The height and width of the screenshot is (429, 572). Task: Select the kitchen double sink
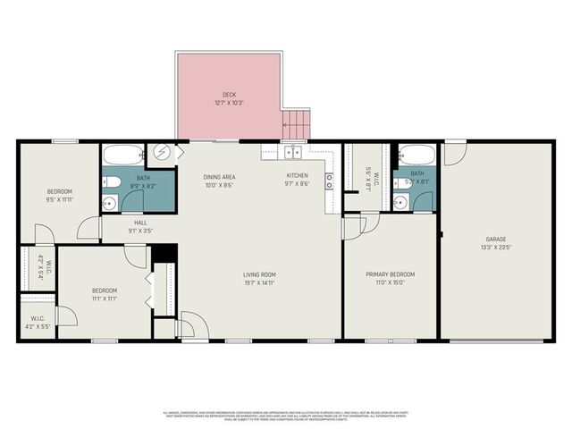tap(293, 151)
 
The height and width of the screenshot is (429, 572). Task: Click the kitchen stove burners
tap(330, 181)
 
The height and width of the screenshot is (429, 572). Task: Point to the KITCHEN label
tap(297, 175)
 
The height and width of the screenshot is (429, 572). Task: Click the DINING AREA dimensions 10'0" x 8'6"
tap(219, 185)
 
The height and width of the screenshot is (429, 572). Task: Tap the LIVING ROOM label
tap(259, 274)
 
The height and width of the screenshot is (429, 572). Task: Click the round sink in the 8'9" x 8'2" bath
tap(109, 203)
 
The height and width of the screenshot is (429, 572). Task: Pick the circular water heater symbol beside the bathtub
tap(163, 152)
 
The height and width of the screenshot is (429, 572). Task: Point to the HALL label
tap(141, 223)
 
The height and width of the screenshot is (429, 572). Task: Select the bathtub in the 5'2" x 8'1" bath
tap(416, 155)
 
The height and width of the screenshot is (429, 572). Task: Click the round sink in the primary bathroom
tap(400, 202)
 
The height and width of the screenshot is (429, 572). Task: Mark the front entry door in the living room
tap(189, 326)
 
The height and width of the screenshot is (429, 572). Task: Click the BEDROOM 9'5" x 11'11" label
tap(60, 196)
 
